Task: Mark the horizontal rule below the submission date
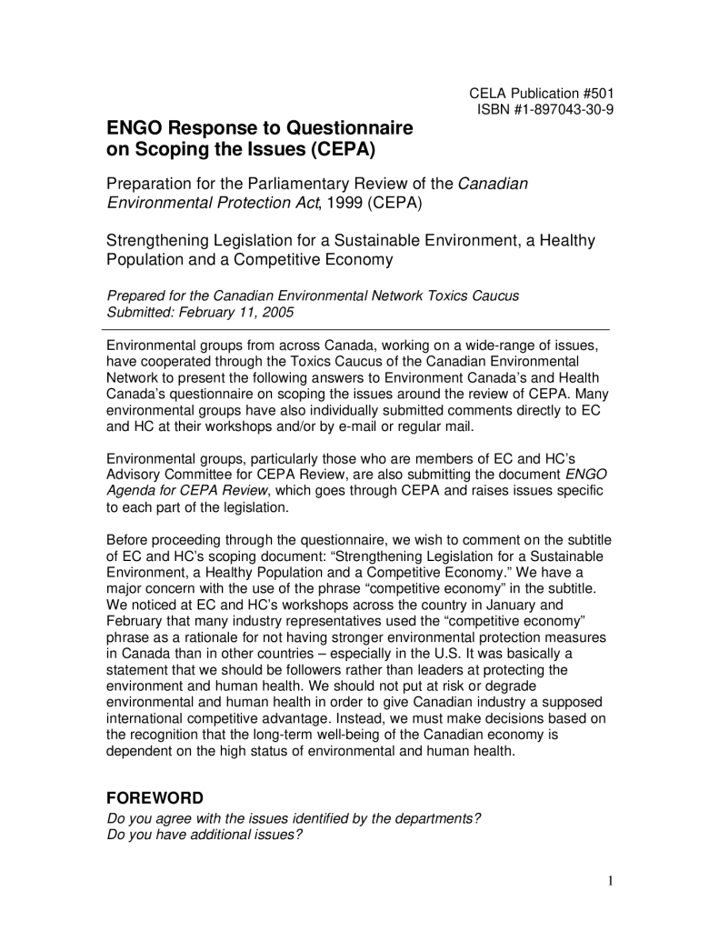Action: click(x=358, y=329)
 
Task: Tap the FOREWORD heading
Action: click(x=155, y=798)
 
